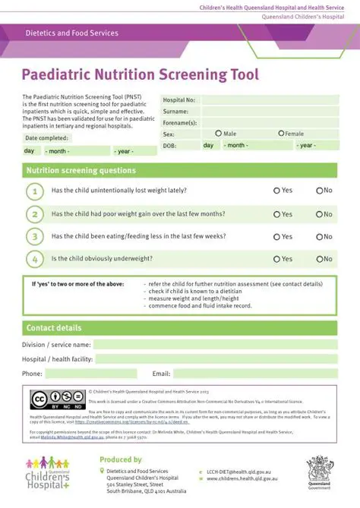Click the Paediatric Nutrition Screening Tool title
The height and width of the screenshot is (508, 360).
click(x=140, y=74)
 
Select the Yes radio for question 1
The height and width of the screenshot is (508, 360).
click(x=276, y=191)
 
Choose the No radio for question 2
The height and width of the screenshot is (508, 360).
click(x=320, y=214)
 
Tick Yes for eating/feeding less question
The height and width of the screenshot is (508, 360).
click(x=276, y=237)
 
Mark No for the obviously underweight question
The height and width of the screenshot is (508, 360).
click(x=320, y=259)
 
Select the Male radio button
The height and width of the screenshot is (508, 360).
click(x=219, y=134)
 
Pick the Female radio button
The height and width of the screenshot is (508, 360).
click(x=279, y=134)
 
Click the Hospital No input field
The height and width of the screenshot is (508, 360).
click(x=269, y=99)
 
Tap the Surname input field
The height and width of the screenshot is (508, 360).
click(x=269, y=111)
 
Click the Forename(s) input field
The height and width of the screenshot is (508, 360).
click(x=269, y=122)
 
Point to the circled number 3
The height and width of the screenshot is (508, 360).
click(x=34, y=237)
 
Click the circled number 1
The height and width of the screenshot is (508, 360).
click(x=34, y=191)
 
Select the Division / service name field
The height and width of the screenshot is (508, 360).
click(x=215, y=345)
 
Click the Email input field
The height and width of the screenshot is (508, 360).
click(x=255, y=374)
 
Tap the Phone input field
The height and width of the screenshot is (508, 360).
click(x=90, y=374)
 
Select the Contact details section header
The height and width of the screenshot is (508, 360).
click(x=54, y=328)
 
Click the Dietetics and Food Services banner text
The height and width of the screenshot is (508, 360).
click(x=72, y=33)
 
